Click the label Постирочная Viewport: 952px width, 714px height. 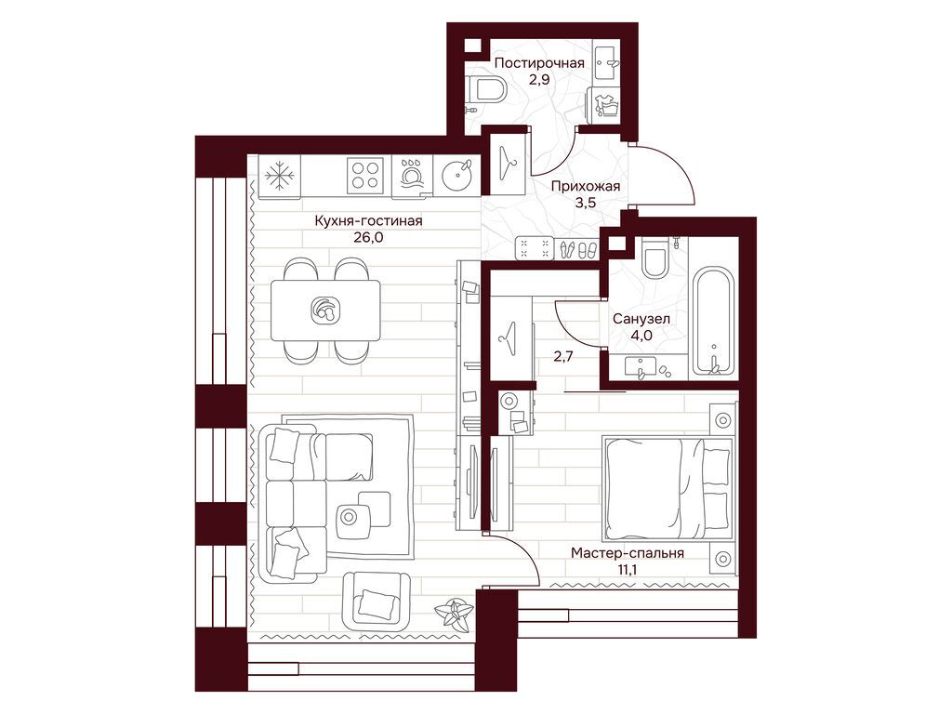[539, 63]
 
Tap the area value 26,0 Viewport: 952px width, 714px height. [368, 237]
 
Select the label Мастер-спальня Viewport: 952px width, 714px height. [628, 553]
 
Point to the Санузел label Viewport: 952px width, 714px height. [641, 318]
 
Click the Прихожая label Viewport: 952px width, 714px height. [586, 186]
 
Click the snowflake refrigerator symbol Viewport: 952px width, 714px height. [280, 177]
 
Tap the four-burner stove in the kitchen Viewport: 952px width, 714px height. [365, 175]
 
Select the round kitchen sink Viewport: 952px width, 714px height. [456, 176]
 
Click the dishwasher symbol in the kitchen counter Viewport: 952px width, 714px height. [413, 176]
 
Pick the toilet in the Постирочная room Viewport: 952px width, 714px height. [488, 90]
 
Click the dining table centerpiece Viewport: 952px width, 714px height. [324, 310]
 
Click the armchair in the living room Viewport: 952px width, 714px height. [376, 602]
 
